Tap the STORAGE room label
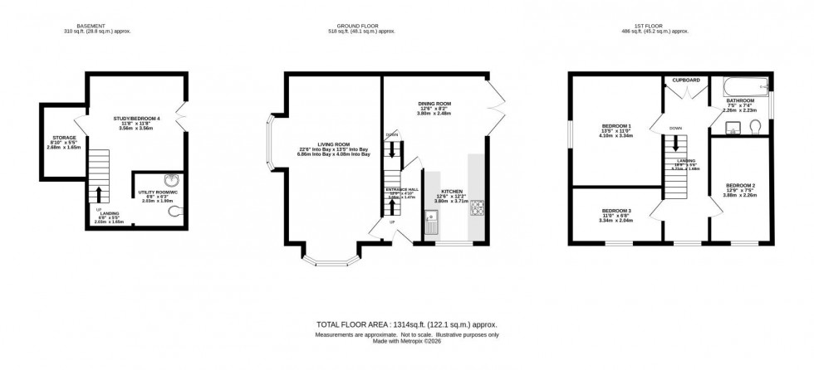64,138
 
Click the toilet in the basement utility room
173,211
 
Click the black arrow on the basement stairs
99,193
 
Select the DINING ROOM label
436,104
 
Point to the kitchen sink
432,222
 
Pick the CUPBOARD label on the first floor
686,80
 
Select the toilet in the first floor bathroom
754,127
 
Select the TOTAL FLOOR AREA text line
406,324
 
